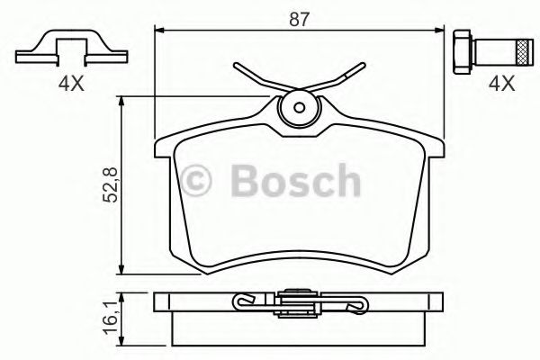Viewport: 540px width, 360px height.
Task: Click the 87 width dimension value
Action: (x=300, y=19)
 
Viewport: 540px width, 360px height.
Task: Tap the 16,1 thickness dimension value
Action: (x=112, y=318)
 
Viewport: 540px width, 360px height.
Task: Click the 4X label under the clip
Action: (x=71, y=84)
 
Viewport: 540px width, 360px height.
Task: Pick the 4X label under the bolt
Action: (x=502, y=84)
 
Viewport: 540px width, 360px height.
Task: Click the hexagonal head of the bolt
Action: (x=462, y=52)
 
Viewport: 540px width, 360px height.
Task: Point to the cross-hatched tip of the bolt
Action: (x=525, y=52)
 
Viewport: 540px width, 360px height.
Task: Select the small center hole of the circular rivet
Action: (x=300, y=107)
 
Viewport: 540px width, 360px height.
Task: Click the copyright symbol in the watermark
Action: (x=195, y=181)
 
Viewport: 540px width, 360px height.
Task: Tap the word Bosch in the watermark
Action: (x=295, y=180)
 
